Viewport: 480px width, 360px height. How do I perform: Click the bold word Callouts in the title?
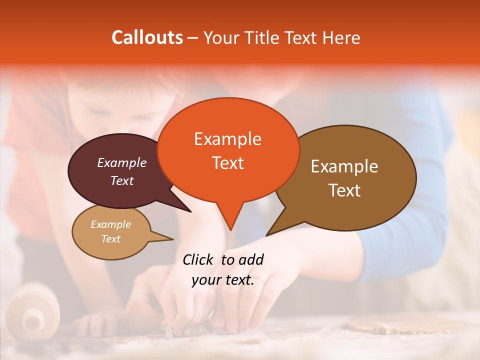(147, 37)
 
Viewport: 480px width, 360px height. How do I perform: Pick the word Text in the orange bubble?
(227, 162)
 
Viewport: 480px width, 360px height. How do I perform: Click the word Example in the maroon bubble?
(122, 162)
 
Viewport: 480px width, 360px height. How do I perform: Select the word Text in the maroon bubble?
(122, 180)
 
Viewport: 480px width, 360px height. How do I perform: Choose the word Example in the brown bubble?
(344, 166)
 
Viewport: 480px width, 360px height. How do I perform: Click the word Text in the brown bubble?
(344, 190)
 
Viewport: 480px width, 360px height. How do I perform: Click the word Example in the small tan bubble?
(110, 224)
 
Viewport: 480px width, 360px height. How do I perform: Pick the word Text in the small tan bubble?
(110, 239)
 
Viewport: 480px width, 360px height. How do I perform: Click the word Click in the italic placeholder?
(199, 259)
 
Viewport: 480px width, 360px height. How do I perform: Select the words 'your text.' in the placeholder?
(223, 280)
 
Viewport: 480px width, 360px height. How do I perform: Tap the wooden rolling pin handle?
(33, 315)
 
